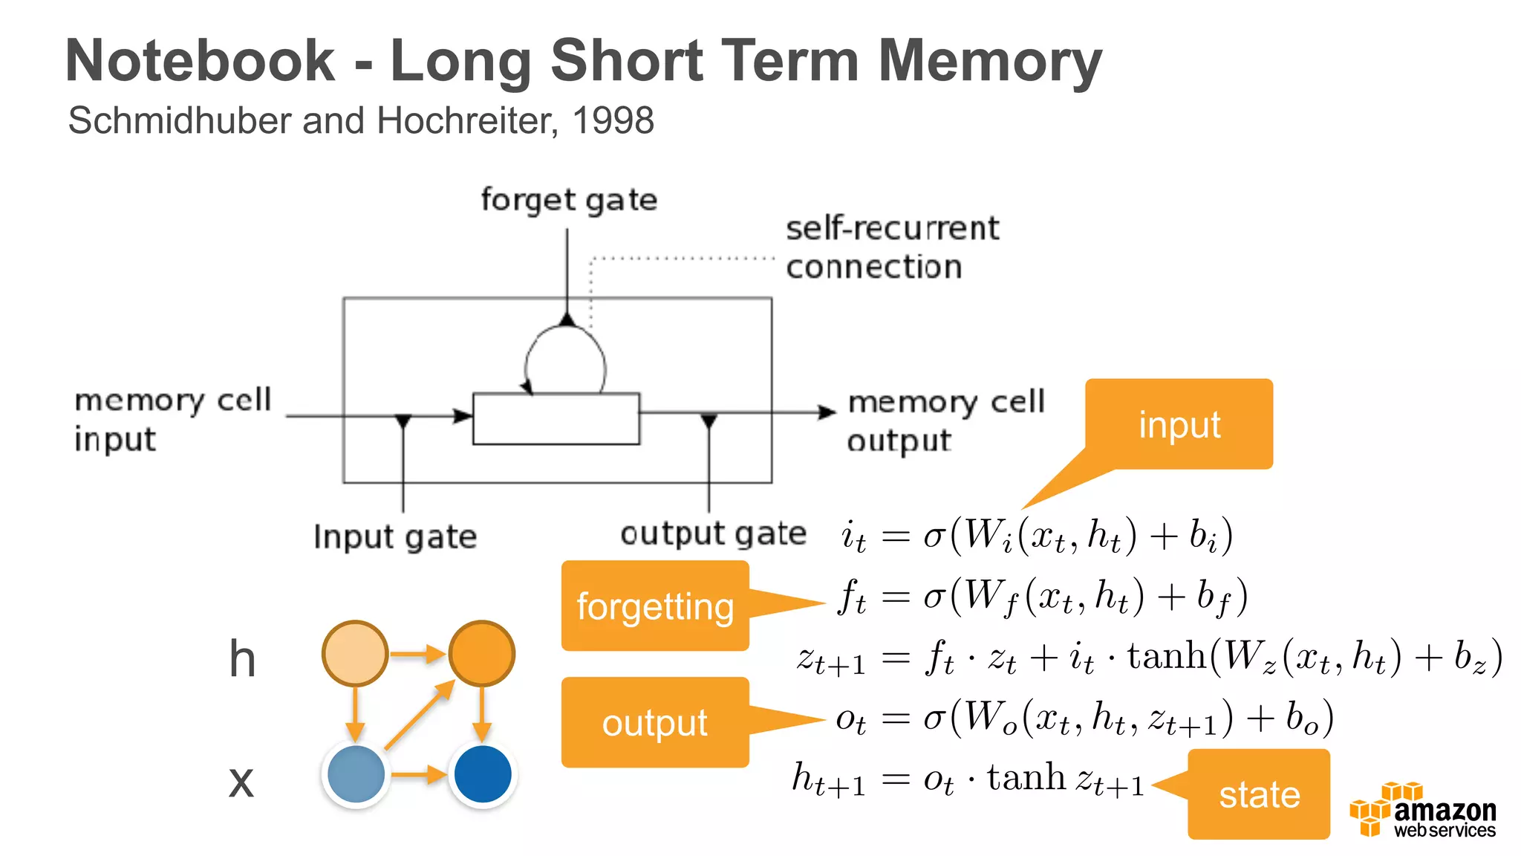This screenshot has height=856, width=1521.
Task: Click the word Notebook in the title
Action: tap(200, 61)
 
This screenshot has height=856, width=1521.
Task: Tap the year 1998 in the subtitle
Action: tap(613, 120)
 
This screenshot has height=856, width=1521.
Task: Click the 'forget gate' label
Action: tap(569, 200)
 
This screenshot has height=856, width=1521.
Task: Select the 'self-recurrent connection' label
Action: tap(891, 247)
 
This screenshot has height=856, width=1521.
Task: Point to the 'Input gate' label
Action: tap(394, 536)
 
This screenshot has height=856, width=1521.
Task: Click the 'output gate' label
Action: tap(713, 534)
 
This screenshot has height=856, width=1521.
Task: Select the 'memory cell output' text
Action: tap(945, 421)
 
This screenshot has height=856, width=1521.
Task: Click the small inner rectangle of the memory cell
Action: tap(556, 419)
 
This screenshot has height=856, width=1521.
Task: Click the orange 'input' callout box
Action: tap(1179, 424)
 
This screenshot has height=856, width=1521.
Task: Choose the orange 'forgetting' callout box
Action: tap(655, 606)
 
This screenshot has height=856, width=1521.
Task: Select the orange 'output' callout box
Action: tap(655, 722)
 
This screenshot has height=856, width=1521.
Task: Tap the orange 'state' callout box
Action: tap(1259, 794)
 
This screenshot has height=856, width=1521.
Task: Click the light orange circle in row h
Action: tap(355, 653)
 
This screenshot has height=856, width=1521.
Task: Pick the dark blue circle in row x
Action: tap(483, 774)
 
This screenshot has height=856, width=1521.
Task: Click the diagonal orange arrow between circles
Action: tap(420, 714)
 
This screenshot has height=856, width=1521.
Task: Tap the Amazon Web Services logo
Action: tap(1422, 811)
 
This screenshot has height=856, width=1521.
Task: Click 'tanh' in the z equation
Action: tap(1167, 656)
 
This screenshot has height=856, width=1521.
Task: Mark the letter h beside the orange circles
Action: tap(242, 659)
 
